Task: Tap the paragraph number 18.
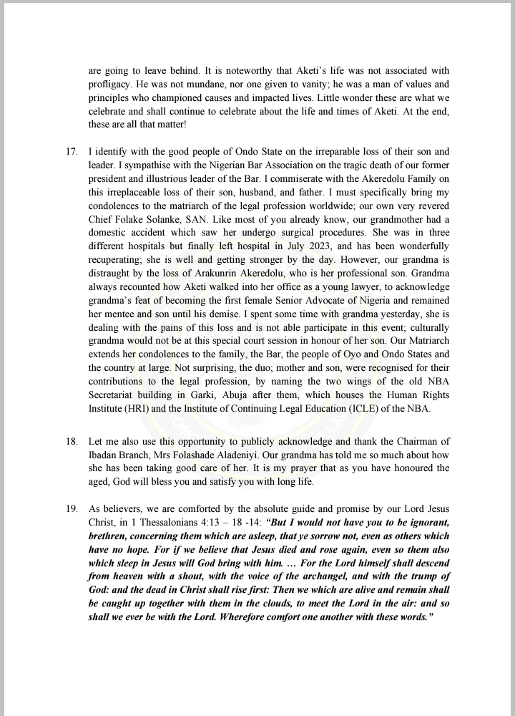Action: (69, 442)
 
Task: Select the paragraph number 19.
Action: (69, 509)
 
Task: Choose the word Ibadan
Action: (104, 455)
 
